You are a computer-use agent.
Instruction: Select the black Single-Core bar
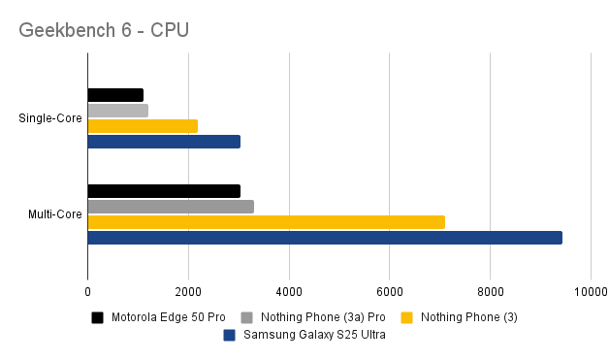coord(115,95)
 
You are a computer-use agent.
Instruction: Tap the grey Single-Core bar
coord(117,111)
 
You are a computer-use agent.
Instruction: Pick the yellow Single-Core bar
coord(143,126)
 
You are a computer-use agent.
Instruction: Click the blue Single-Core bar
coord(163,142)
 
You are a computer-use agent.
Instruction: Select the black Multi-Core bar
coord(163,191)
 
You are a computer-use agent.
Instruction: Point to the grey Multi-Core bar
coord(171,207)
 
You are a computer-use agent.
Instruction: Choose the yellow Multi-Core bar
coord(266,222)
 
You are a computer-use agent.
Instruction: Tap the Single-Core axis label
coord(48,118)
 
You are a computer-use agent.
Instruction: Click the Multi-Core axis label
coord(54,213)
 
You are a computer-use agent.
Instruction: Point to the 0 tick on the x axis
coord(87,290)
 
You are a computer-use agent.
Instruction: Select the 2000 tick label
coord(188,290)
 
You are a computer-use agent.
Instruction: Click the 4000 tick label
coord(289,290)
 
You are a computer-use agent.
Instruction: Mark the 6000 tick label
coord(389,290)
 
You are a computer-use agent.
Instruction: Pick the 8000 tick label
coord(490,290)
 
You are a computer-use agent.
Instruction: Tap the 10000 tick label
coord(589,290)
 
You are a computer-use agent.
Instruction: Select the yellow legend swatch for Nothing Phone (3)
coord(406,317)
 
